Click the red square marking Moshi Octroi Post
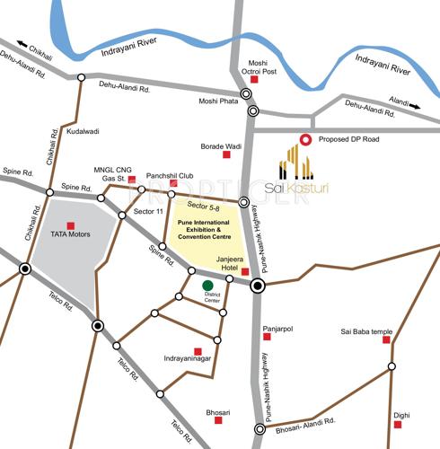point(254,80)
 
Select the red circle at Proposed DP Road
point(305,139)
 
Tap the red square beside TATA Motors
point(71,225)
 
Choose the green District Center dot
point(207,286)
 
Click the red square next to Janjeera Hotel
point(245,270)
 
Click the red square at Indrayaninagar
point(198,350)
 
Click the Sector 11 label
point(148,212)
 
